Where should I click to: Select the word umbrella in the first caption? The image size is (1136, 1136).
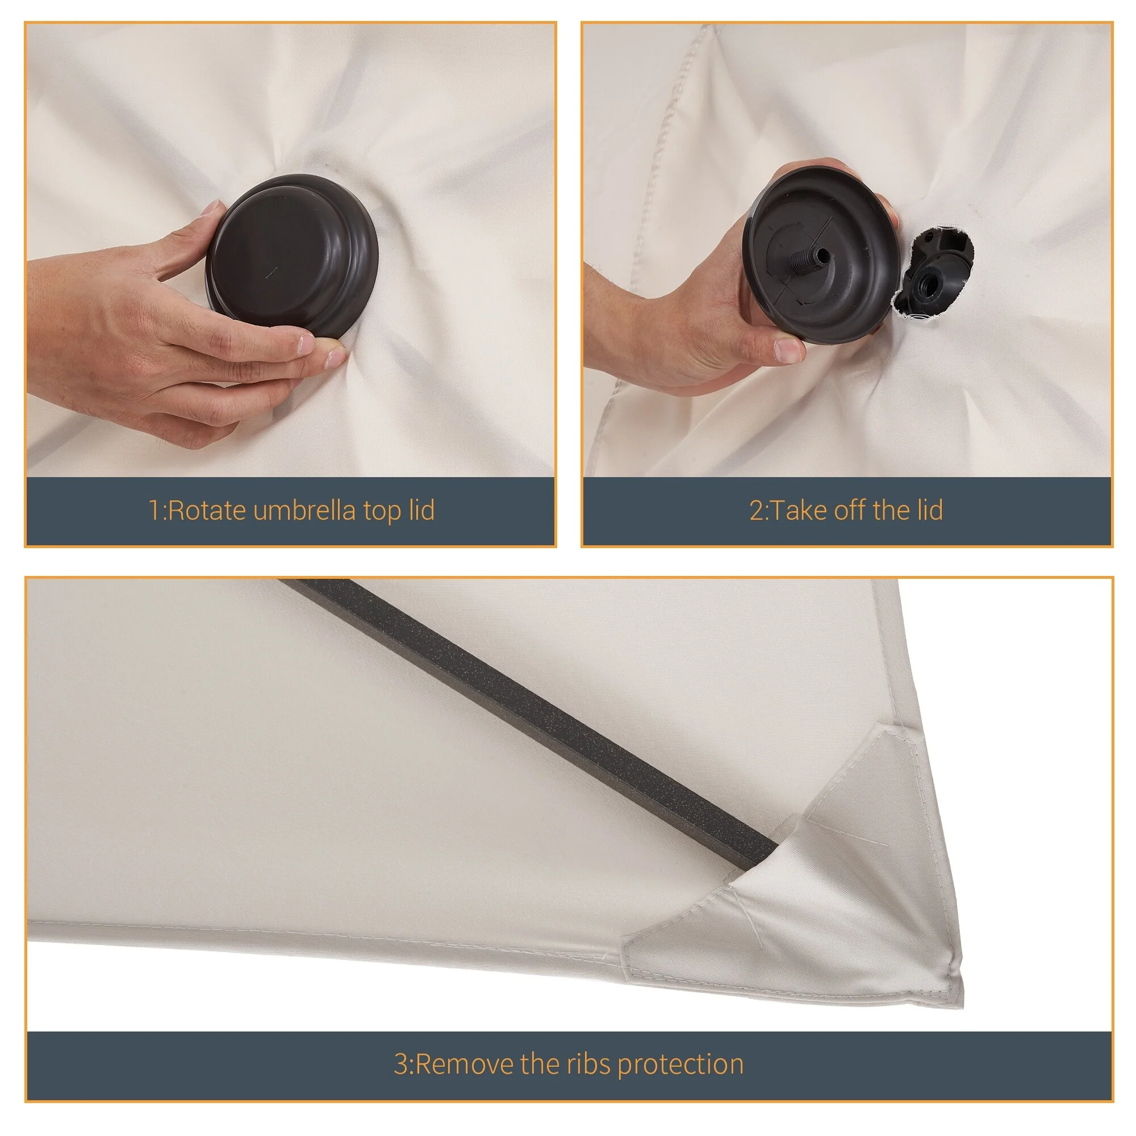304,510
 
